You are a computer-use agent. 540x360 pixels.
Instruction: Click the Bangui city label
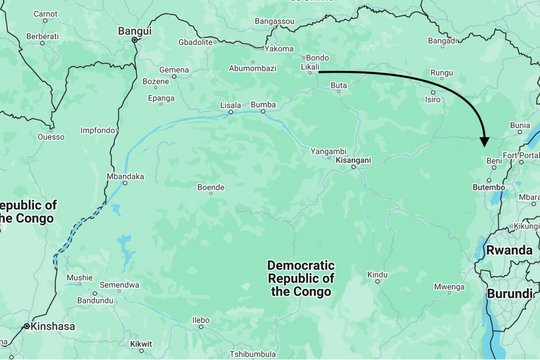(x=134, y=30)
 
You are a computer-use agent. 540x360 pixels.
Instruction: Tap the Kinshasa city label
(x=52, y=326)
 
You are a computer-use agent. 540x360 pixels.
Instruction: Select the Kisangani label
(x=353, y=160)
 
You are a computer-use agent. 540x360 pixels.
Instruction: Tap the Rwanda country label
(x=508, y=249)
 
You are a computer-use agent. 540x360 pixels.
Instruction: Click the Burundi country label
(x=511, y=294)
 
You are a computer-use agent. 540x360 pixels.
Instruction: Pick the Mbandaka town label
(x=124, y=177)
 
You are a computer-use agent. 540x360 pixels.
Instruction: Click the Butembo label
(x=489, y=187)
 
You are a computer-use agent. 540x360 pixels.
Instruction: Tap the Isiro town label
(x=432, y=99)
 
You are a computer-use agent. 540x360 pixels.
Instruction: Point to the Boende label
(x=210, y=187)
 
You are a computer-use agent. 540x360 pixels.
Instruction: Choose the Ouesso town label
(x=51, y=136)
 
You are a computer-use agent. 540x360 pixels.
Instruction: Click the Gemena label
(x=174, y=70)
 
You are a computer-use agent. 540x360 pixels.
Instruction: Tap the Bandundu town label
(x=95, y=300)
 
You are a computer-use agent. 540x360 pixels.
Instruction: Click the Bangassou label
(x=275, y=21)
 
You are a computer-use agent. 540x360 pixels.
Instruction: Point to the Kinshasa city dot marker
(x=24, y=326)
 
